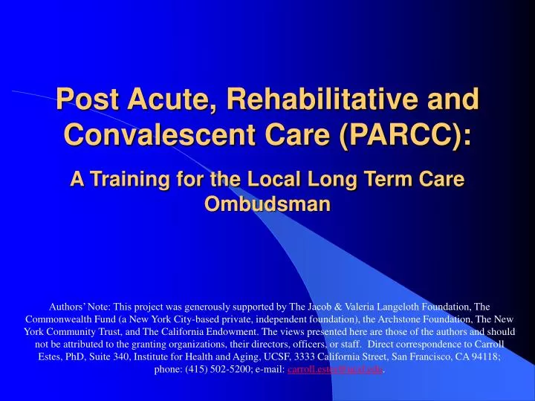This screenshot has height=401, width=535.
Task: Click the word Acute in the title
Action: [x=164, y=99]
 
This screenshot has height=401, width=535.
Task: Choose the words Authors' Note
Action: [x=77, y=305]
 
